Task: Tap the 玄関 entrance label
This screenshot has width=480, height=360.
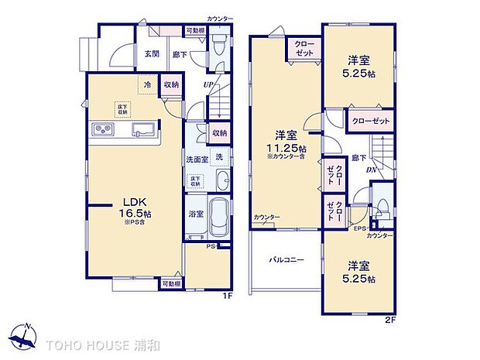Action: (152, 53)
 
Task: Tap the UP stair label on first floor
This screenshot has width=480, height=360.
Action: (207, 84)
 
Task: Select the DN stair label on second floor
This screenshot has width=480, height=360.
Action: (372, 169)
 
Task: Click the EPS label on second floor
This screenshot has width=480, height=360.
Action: (360, 228)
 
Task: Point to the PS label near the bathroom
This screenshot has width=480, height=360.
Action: (211, 247)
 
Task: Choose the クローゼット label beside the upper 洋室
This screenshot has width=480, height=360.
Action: (370, 122)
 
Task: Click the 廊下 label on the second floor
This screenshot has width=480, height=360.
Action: (359, 157)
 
